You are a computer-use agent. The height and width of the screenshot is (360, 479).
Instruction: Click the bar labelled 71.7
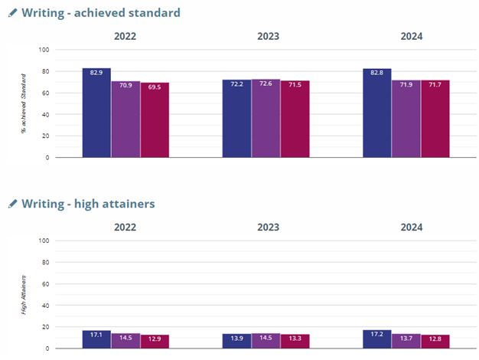pyautogui.click(x=435, y=119)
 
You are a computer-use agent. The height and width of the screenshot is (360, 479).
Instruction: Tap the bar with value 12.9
pyautogui.click(x=155, y=342)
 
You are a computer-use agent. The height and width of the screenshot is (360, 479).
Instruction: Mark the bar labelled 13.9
pyautogui.click(x=236, y=341)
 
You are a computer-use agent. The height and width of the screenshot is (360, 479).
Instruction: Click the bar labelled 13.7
pyautogui.click(x=406, y=341)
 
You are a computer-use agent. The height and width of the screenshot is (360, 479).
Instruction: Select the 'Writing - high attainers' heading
pyautogui.click(x=88, y=204)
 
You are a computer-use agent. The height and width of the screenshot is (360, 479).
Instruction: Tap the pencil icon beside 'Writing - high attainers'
pyautogui.click(x=12, y=204)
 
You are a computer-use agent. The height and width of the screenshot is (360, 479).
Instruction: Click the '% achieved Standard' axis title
pyautogui.click(x=24, y=103)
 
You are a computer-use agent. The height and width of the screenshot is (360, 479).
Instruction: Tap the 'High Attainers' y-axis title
pyautogui.click(x=24, y=295)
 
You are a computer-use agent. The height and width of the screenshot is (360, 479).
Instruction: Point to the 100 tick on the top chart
pyautogui.click(x=43, y=50)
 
